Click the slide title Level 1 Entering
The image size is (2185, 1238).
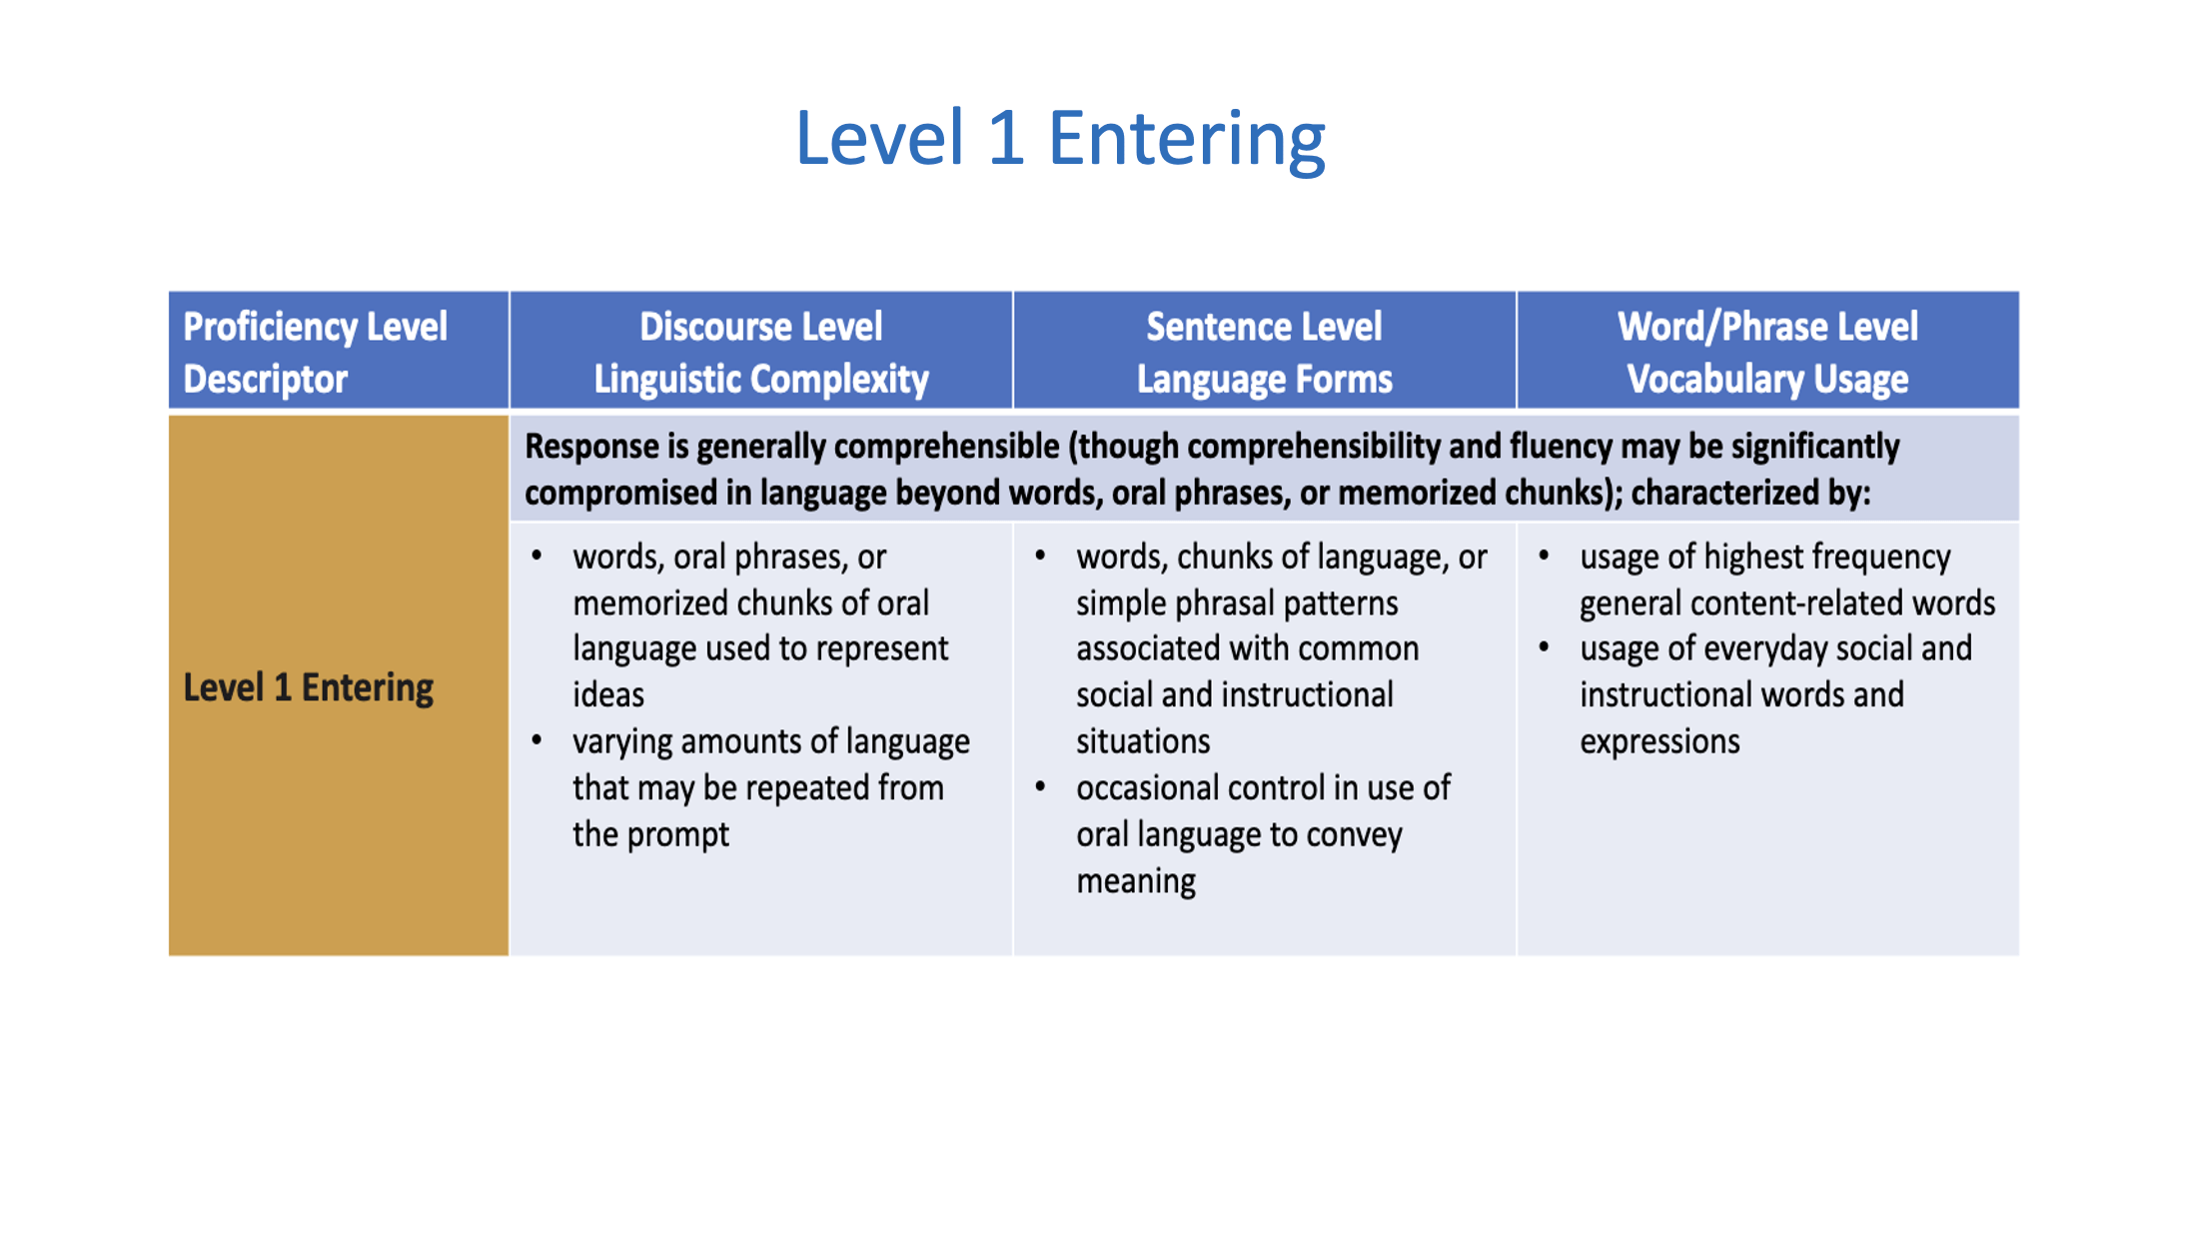1060,139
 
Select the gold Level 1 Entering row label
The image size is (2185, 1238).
308,687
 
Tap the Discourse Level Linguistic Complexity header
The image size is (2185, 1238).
761,353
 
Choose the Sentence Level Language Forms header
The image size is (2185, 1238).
1264,353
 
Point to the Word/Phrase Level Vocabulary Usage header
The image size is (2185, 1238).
1767,353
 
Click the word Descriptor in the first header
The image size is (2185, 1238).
266,380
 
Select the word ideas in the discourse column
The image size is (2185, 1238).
608,695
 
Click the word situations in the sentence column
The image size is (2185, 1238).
1143,741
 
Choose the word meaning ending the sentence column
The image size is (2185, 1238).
1136,881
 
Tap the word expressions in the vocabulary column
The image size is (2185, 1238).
1659,742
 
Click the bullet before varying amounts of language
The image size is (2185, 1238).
538,740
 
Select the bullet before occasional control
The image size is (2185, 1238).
1041,787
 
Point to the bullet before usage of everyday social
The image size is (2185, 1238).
1545,647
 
